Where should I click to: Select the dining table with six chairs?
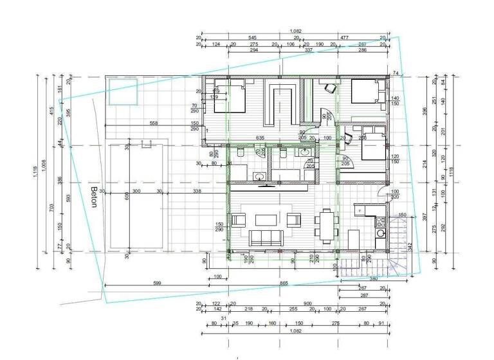325,227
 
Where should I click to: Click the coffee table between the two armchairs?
266,220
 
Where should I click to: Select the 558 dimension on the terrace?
154,123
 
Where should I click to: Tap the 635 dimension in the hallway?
261,138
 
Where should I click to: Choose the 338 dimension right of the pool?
197,191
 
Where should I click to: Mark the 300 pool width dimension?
136,191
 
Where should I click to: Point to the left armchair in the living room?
237,220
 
